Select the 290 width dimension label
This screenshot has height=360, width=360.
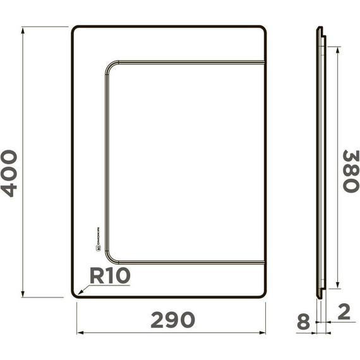pos(172,320)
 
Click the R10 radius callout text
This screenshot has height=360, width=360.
pos(109,276)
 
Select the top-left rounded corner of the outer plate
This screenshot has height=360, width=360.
pos(75,30)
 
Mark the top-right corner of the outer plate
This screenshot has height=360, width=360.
pos(263,29)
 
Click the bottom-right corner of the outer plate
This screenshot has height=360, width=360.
pos(263,294)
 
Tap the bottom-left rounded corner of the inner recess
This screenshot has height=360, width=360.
pos(108,256)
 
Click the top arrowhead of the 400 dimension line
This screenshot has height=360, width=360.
pos(23,29)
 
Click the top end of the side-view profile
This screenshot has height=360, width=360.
pos(320,28)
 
